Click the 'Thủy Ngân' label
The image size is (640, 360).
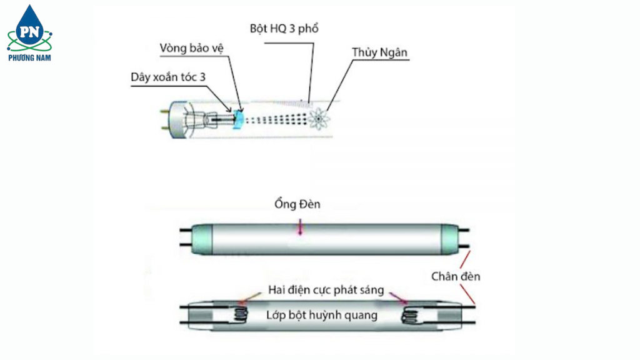click(x=380, y=52)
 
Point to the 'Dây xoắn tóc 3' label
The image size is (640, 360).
click(x=167, y=76)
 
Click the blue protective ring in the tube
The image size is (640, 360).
click(x=237, y=118)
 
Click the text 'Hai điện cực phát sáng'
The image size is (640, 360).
click(x=326, y=290)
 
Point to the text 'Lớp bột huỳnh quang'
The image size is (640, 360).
click(x=322, y=314)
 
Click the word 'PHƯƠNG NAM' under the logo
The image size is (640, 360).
click(x=29, y=57)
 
